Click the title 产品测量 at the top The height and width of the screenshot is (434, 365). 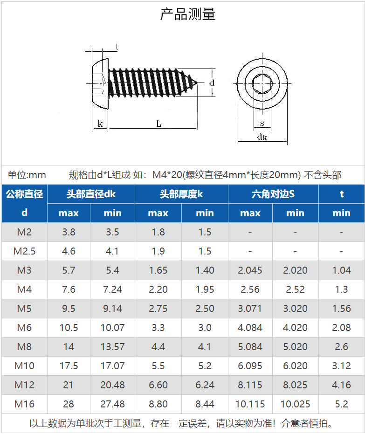[x=188, y=14]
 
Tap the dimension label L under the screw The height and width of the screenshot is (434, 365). [x=158, y=124]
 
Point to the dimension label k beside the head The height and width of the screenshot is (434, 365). [x=100, y=124]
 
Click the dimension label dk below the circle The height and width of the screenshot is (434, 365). [x=262, y=137]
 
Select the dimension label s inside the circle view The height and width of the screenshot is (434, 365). [x=262, y=124]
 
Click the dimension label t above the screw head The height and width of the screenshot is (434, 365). [x=116, y=47]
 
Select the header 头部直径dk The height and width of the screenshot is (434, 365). [x=91, y=194]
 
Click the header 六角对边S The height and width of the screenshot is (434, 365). [x=273, y=194]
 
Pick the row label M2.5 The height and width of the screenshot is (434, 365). [x=24, y=251]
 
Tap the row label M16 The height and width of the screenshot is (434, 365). [x=24, y=404]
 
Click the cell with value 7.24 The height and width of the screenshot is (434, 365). [x=112, y=289]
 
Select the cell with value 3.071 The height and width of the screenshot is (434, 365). [x=250, y=309]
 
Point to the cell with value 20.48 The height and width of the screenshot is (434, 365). [x=112, y=385]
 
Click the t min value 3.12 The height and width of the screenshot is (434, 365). [x=341, y=366]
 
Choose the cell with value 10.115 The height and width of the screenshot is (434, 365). [x=250, y=404]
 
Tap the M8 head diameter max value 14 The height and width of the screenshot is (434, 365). [x=69, y=347]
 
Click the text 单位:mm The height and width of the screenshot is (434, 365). [x=27, y=175]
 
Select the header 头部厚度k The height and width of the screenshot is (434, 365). [x=181, y=194]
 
